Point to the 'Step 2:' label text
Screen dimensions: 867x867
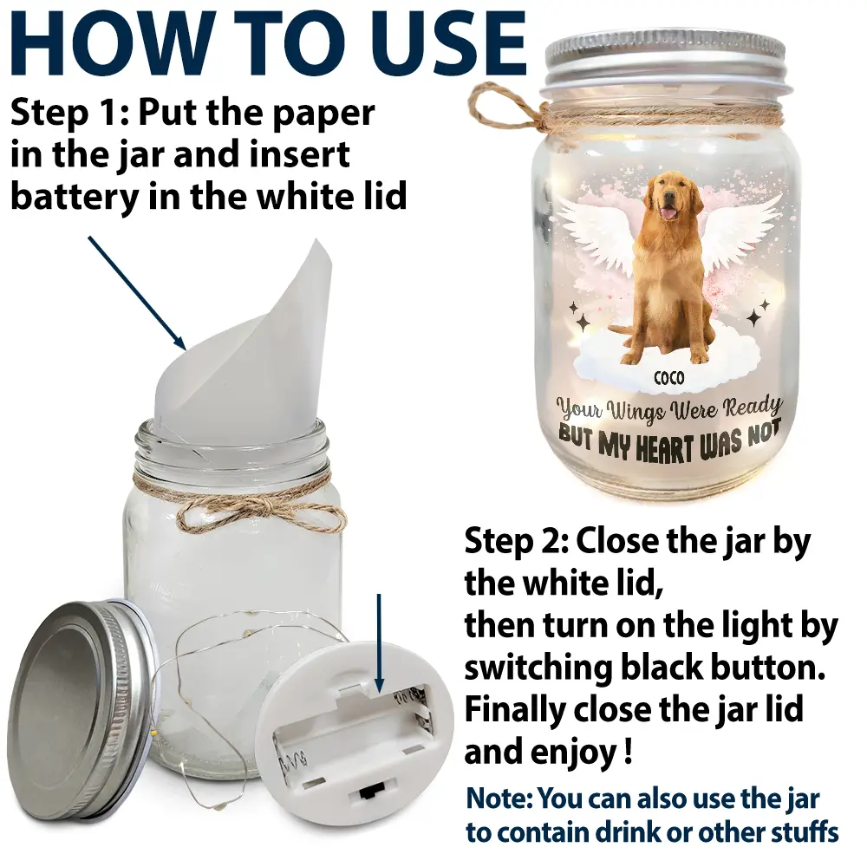(515, 543)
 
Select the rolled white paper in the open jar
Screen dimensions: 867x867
(247, 347)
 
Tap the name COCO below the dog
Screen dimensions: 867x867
(668, 379)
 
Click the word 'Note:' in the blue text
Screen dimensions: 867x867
(499, 799)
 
